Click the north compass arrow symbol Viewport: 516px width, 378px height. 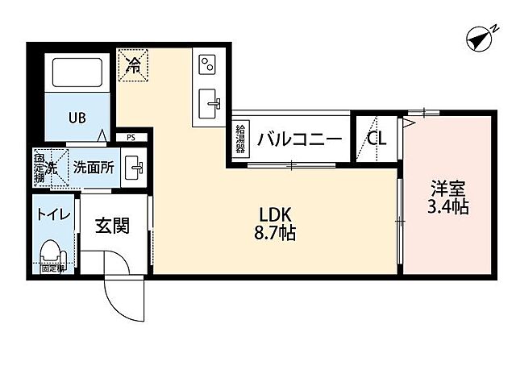[x=481, y=37]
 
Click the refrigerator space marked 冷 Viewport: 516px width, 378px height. [x=133, y=64]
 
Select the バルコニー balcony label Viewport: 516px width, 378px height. [x=299, y=139]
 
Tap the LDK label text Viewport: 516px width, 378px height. [x=274, y=215]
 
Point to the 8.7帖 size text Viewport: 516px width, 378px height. [x=274, y=235]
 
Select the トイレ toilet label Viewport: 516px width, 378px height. [x=54, y=216]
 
